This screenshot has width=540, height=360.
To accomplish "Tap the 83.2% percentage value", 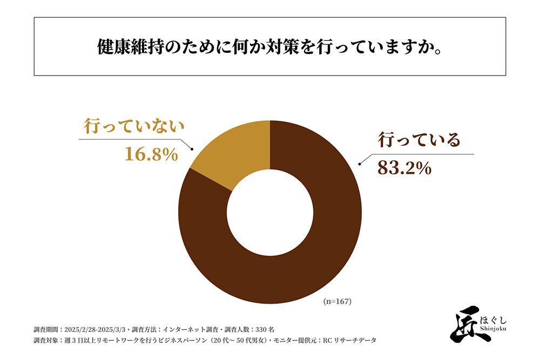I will coord(404,168).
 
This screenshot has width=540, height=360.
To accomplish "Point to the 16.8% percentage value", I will coord(151,154).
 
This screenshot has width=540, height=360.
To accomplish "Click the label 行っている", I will coord(419,140).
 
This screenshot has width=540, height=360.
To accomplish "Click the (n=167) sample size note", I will coord(337,302).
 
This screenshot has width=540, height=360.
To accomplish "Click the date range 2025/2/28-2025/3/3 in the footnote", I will coord(99,329).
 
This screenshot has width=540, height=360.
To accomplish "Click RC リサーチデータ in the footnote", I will coord(349,341).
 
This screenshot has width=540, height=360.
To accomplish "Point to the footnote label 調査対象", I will coord(46,341).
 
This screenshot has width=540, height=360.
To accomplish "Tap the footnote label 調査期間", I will coord(46,329).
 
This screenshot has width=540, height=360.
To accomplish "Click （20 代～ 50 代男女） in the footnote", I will coord(239,341).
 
